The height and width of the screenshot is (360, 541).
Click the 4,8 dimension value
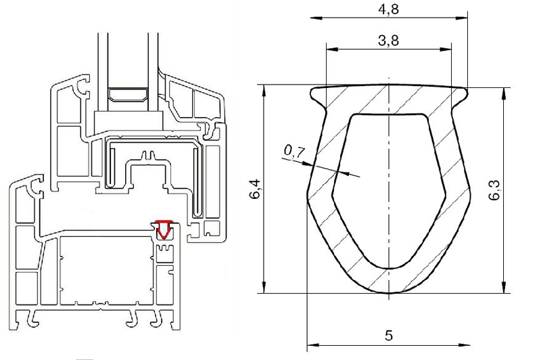click(x=388, y=9)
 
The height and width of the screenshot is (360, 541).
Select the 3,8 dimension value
click(x=388, y=41)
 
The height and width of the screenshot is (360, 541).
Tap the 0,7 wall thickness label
click(x=293, y=152)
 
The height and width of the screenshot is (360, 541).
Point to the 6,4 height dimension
click(x=256, y=189)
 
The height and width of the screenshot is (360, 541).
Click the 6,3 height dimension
click(x=494, y=191)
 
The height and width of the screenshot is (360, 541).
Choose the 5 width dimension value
click(x=389, y=335)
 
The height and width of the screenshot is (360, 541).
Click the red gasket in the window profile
click(x=164, y=229)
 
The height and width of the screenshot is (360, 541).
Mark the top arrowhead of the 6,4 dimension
click(x=264, y=91)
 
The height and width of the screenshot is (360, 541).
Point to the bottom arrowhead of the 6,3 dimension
click(x=504, y=287)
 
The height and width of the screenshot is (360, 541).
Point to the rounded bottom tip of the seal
click(x=389, y=292)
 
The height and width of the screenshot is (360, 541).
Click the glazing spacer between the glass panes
click(x=128, y=95)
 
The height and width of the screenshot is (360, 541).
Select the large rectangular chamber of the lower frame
click(x=106, y=269)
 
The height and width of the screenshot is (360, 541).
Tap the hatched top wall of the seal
click(x=389, y=99)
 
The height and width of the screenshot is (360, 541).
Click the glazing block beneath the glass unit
click(x=128, y=120)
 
